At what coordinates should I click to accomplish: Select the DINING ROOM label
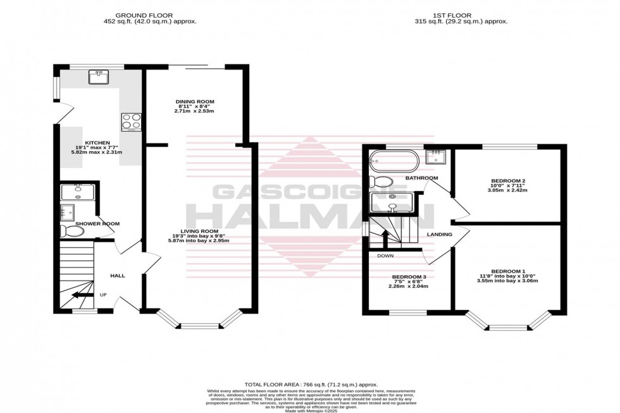[x=195, y=101]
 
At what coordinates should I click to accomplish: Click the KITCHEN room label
[x=97, y=143]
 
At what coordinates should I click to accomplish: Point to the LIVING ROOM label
[x=199, y=231]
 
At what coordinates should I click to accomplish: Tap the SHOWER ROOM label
[x=97, y=223]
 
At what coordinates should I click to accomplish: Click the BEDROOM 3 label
[x=409, y=277]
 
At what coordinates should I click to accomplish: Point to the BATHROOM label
[x=421, y=178]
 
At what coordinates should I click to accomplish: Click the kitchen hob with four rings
[x=131, y=121]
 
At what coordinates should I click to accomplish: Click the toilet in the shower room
[x=74, y=231]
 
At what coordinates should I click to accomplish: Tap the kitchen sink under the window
[x=99, y=77]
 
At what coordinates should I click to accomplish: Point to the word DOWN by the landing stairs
[x=385, y=256]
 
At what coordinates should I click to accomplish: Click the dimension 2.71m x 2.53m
[x=195, y=111]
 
